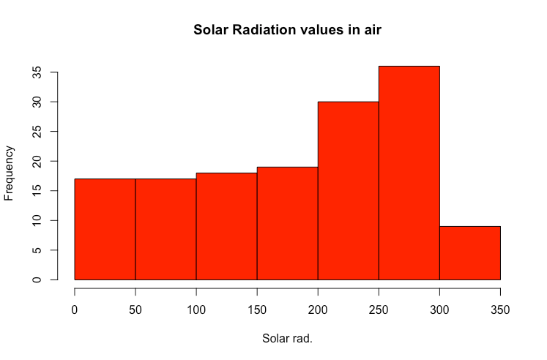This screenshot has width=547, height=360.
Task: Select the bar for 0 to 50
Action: (x=105, y=229)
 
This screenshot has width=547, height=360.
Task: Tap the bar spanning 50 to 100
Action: (x=165, y=229)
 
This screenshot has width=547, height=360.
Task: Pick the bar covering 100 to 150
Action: (x=226, y=226)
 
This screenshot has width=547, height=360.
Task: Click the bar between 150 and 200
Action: (x=287, y=223)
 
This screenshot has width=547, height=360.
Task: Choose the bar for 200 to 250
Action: (x=348, y=190)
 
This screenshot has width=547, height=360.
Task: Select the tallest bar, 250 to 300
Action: (x=409, y=173)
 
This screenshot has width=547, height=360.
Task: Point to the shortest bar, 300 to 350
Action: (x=469, y=253)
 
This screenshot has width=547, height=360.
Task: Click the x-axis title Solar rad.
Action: (x=287, y=340)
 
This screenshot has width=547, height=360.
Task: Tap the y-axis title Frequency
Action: (x=10, y=173)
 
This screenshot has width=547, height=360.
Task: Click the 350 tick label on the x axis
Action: (x=500, y=310)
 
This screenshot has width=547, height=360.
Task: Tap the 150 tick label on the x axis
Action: (x=257, y=310)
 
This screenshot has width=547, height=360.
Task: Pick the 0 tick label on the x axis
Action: (x=75, y=310)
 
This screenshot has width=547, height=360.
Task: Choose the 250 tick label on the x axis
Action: (x=379, y=310)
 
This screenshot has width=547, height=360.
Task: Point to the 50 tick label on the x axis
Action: (x=135, y=310)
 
